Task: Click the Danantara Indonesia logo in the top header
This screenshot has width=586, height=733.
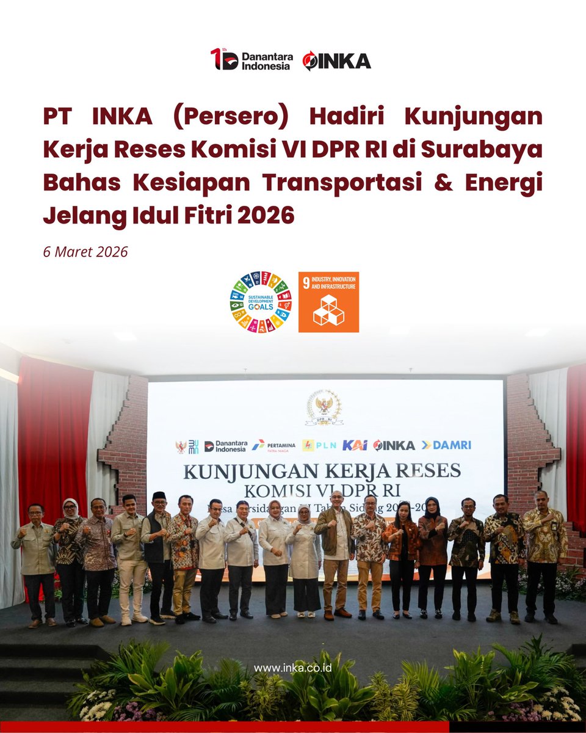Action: (x=251, y=60)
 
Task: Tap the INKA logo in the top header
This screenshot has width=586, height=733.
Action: (x=336, y=60)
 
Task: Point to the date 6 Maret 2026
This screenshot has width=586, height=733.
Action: (x=85, y=252)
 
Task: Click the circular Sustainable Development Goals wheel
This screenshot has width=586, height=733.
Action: (x=260, y=302)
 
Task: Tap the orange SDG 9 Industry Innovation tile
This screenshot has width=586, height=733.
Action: (x=328, y=302)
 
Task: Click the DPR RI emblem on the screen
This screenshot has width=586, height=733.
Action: (x=324, y=407)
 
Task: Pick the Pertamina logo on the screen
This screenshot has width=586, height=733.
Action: (x=273, y=445)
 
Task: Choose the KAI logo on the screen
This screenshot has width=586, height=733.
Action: (x=355, y=445)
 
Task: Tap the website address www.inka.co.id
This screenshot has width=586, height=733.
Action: (x=293, y=668)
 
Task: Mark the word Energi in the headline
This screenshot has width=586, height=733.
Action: (x=508, y=183)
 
